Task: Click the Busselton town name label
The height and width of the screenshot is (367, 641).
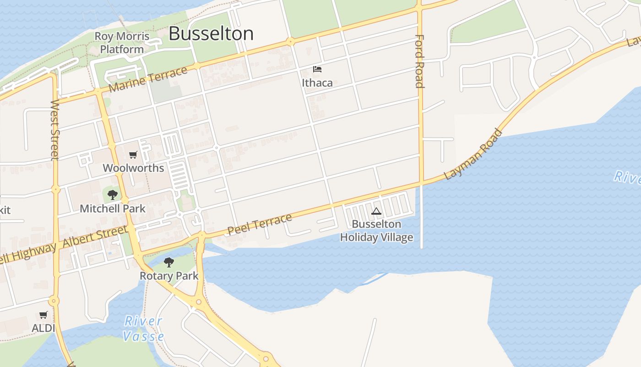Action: pyautogui.click(x=211, y=34)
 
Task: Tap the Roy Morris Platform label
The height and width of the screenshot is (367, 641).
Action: pyautogui.click(x=122, y=43)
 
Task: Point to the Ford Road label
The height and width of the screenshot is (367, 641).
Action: pyautogui.click(x=419, y=61)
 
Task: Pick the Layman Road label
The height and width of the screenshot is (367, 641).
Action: pyautogui.click(x=473, y=155)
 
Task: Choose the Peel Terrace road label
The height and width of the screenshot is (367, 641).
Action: pyautogui.click(x=260, y=224)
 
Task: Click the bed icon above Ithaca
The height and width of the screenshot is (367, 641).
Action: pyautogui.click(x=317, y=69)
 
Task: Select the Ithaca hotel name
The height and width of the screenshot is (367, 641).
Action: pyautogui.click(x=317, y=83)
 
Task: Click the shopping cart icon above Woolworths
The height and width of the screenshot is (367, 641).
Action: pyautogui.click(x=133, y=155)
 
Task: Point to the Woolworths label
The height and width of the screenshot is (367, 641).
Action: pyautogui.click(x=133, y=168)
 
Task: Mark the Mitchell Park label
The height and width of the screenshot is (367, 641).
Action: pyautogui.click(x=113, y=209)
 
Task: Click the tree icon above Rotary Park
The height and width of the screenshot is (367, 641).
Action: pyautogui.click(x=169, y=262)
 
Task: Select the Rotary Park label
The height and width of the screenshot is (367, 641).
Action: pyautogui.click(x=169, y=276)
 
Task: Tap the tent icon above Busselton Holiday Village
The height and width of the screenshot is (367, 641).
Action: pyautogui.click(x=376, y=211)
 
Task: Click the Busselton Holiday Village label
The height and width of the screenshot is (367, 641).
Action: pyautogui.click(x=376, y=231)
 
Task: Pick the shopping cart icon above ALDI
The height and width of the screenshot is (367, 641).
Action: pyautogui.click(x=43, y=315)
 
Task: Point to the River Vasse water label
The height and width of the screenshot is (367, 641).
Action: pyautogui.click(x=143, y=328)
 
